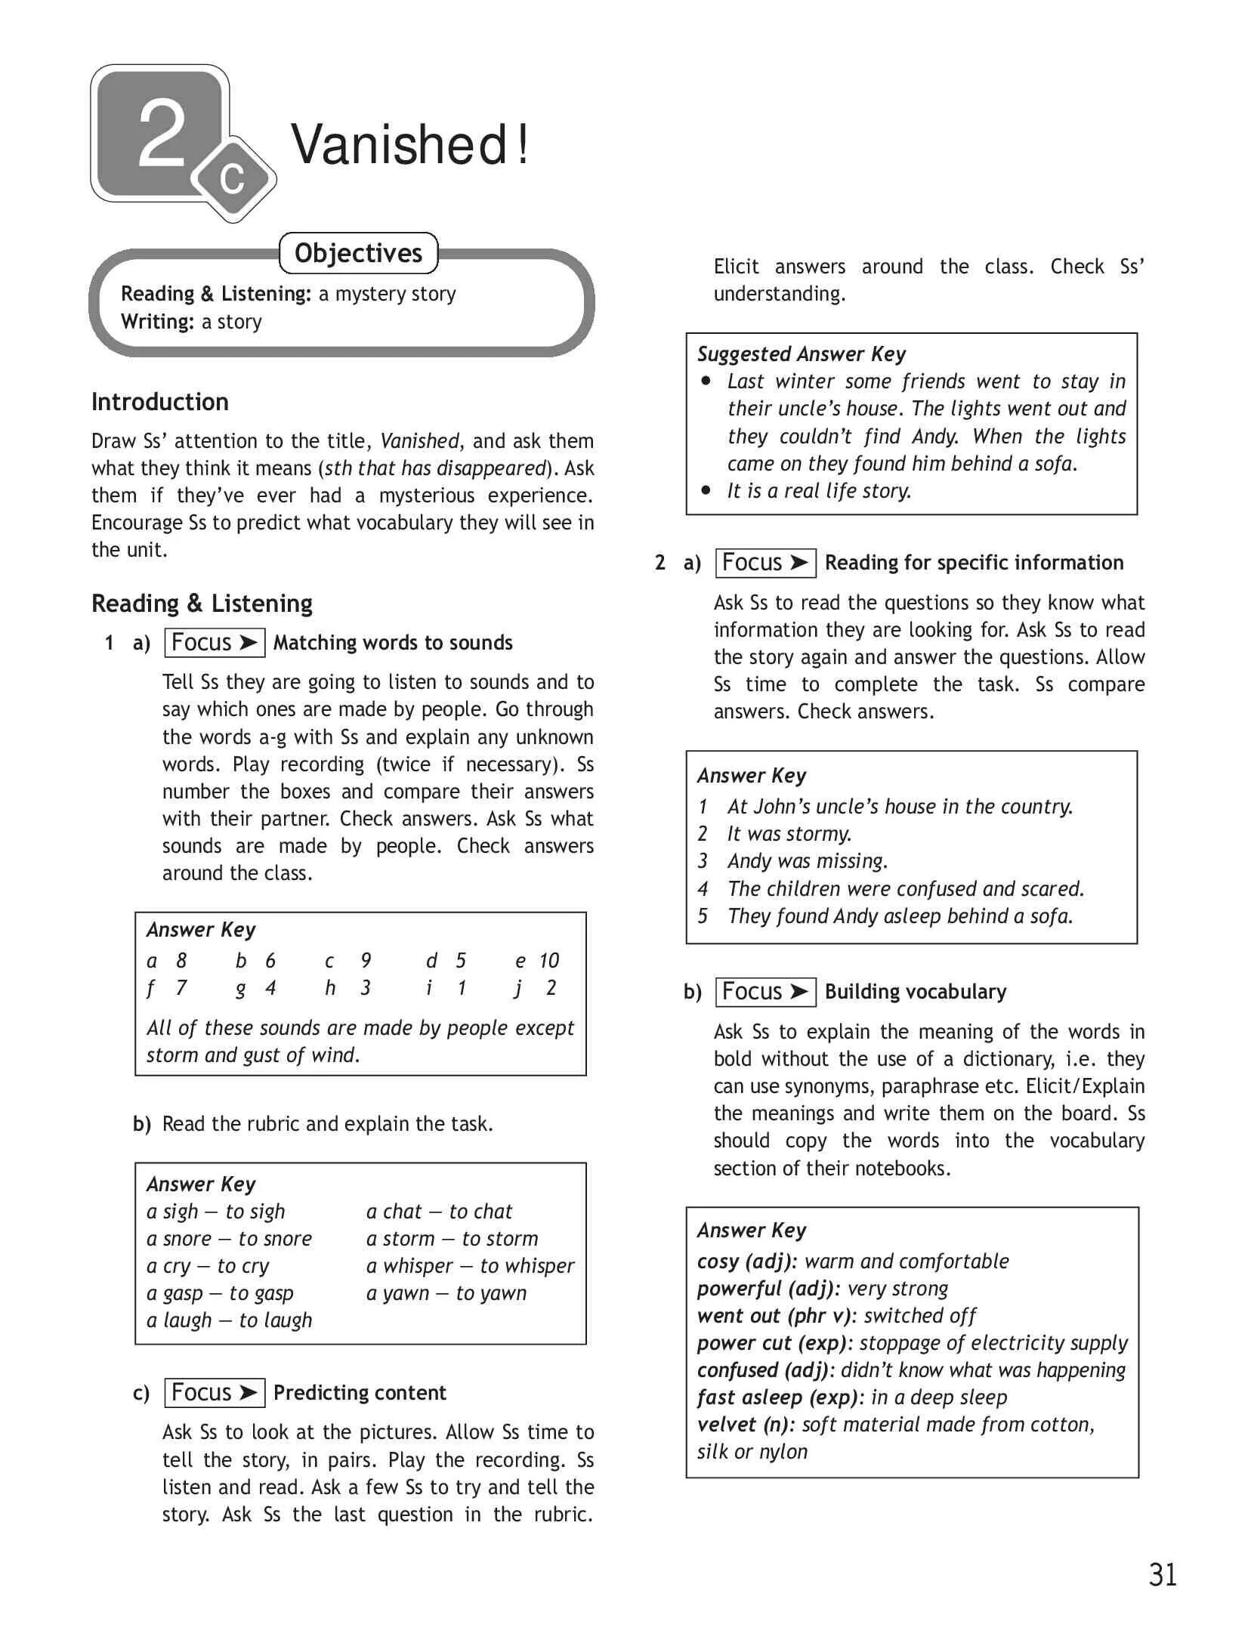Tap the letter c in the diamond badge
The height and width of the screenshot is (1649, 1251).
[x=233, y=178]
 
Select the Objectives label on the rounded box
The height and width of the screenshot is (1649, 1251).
[x=358, y=253]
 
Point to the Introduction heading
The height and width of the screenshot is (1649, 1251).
[x=160, y=402]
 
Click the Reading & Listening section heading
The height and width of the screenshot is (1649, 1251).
[x=202, y=604]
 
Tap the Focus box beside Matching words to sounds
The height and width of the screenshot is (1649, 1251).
[x=214, y=643]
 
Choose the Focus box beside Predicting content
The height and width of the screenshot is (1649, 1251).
[x=214, y=1393]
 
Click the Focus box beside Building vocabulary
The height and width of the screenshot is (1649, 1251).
[x=765, y=992]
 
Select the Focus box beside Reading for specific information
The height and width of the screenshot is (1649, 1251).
[x=765, y=563]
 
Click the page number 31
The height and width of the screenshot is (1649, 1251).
[x=1163, y=1574]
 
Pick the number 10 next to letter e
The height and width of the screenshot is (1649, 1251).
[x=549, y=961]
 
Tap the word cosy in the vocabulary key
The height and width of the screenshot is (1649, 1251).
[x=718, y=1261]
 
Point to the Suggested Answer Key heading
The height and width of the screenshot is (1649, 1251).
[x=801, y=354]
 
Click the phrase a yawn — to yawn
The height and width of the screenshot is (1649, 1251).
[x=446, y=1293]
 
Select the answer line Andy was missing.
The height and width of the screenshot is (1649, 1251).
[x=808, y=861]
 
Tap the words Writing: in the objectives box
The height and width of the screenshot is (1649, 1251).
[x=158, y=322]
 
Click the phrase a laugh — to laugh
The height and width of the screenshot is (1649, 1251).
[x=229, y=1320]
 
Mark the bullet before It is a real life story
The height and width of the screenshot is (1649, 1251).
[x=706, y=490]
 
